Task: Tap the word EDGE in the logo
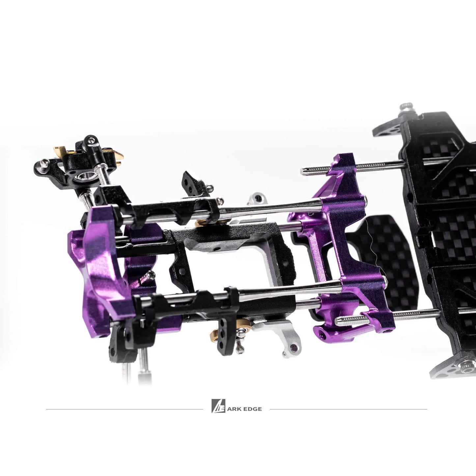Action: coord(252,409)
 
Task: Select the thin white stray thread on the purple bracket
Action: coord(372,247)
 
